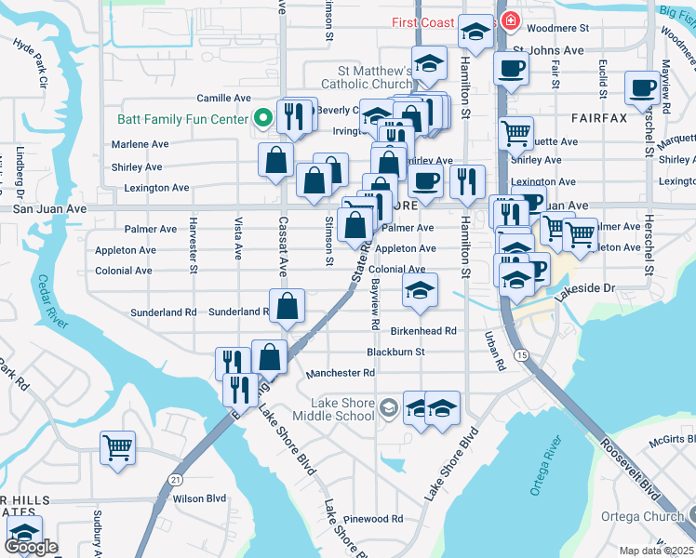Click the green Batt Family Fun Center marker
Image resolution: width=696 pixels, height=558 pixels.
[x=262, y=119]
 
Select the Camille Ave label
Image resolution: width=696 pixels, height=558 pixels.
[x=223, y=98]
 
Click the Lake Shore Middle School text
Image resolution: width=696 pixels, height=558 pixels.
[x=341, y=409]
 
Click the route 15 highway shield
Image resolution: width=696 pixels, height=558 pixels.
[x=523, y=356]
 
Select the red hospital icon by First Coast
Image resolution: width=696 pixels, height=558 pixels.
[x=510, y=21]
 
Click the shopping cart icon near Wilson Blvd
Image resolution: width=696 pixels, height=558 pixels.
[x=118, y=448]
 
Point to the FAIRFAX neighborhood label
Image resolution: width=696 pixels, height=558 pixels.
[x=590, y=118]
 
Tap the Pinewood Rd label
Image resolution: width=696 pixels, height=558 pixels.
[x=372, y=519]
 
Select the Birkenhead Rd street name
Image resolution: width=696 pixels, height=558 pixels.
[x=423, y=331]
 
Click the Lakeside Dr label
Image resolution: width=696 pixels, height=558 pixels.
[x=585, y=290]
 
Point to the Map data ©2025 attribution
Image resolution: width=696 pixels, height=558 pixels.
[x=657, y=551]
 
